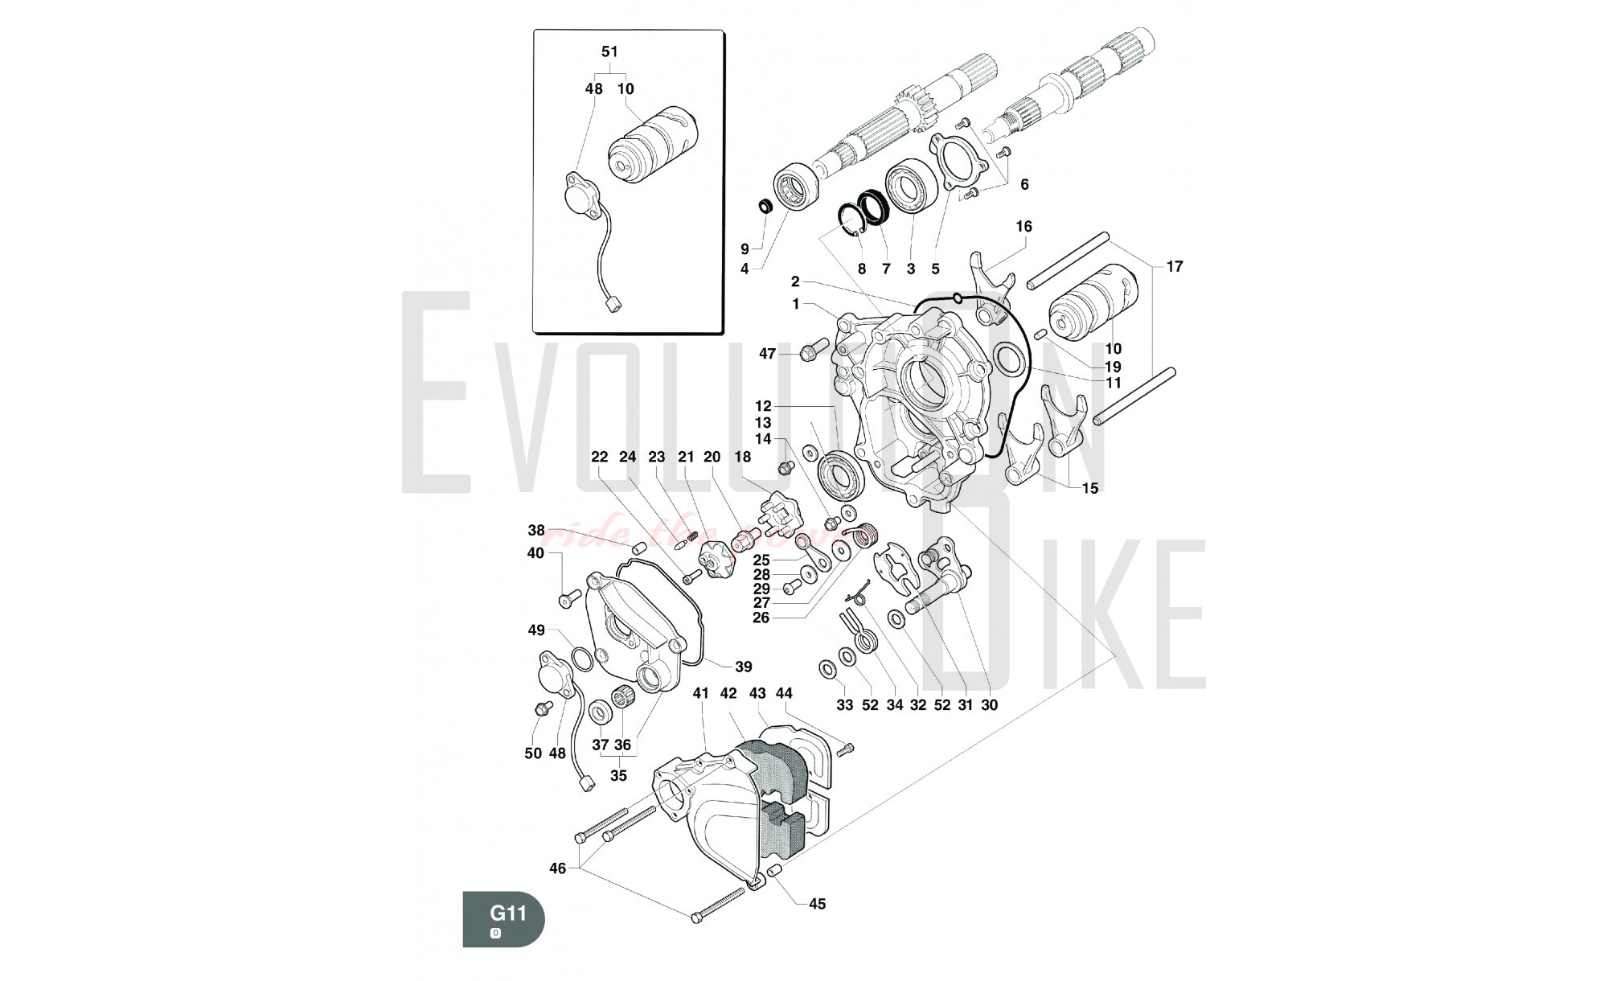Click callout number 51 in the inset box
[609, 51]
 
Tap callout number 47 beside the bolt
[768, 354]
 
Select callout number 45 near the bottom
[817, 904]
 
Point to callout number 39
[744, 667]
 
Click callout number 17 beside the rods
[1175, 266]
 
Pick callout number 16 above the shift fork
[1023, 227]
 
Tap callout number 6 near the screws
[1024, 184]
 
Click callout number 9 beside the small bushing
[745, 249]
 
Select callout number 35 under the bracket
[618, 776]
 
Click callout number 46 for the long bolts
[557, 868]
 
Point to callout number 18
[742, 457]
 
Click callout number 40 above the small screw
[535, 553]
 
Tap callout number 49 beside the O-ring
[536, 630]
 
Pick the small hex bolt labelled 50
[540, 708]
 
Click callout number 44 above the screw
[784, 693]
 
